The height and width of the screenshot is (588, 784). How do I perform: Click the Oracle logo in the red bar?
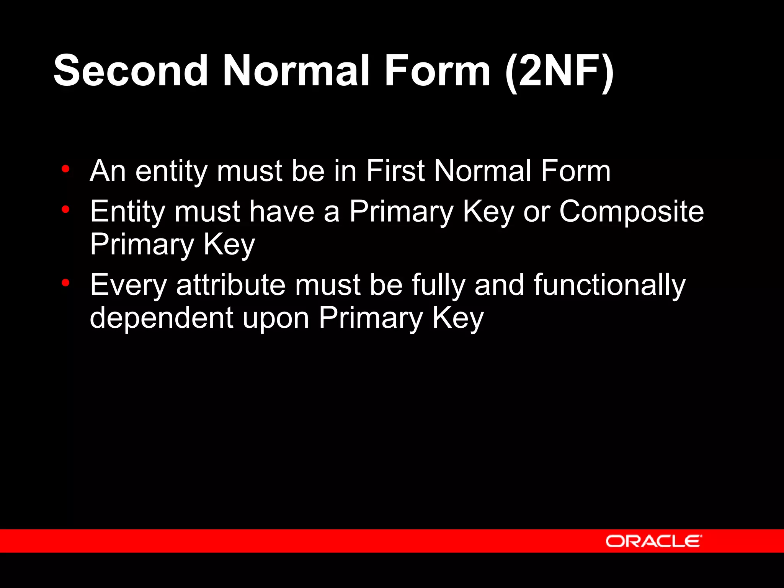653,541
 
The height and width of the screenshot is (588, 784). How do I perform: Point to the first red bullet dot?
65,168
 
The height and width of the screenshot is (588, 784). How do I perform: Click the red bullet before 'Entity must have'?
65,209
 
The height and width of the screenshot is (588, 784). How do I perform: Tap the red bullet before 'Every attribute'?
65,283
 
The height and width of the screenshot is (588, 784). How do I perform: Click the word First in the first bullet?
395,171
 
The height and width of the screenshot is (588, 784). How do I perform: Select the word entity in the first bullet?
171,171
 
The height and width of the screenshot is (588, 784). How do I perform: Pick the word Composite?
631,212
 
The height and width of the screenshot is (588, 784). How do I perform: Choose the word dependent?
161,318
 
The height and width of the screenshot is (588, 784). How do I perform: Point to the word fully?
438,286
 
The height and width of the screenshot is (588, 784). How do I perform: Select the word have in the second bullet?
282,212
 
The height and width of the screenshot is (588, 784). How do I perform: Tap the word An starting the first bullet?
108,171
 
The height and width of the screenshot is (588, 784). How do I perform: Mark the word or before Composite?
536,212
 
